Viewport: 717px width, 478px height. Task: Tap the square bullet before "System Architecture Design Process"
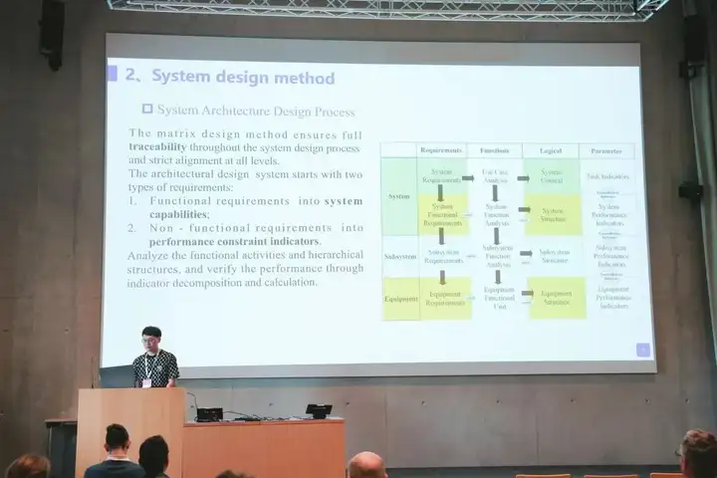tap(147, 110)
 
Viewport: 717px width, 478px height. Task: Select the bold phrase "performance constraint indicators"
tap(236, 242)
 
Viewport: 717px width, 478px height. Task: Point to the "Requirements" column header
tap(440, 151)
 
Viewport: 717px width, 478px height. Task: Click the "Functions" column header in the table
tap(495, 151)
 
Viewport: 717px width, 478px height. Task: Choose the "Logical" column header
tap(552, 152)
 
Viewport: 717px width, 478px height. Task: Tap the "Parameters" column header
tap(605, 152)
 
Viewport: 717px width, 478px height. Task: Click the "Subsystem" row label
tap(400, 257)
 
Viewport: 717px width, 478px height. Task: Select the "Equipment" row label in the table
tap(401, 298)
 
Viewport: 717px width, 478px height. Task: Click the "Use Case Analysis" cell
tap(495, 176)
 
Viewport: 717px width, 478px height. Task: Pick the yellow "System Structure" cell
tap(554, 213)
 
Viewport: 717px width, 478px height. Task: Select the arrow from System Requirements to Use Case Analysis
tap(467, 177)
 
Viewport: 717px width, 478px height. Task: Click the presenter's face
tap(151, 342)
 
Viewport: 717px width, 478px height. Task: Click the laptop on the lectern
tap(117, 375)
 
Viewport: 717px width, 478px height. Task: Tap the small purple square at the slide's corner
tap(642, 350)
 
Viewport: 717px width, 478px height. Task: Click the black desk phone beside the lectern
tap(319, 410)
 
